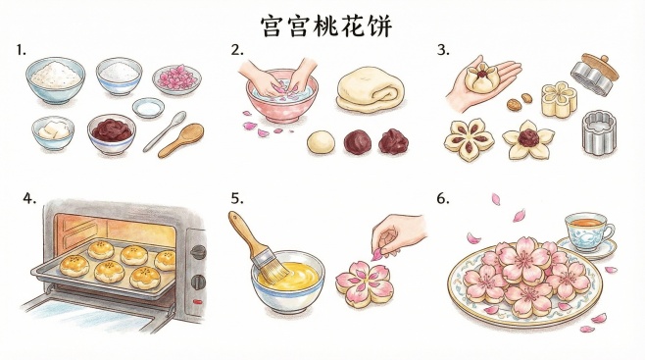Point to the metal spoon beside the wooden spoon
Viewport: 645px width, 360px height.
[162, 131]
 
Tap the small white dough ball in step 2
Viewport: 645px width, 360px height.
[320, 143]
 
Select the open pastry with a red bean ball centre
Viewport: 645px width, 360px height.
[529, 139]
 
